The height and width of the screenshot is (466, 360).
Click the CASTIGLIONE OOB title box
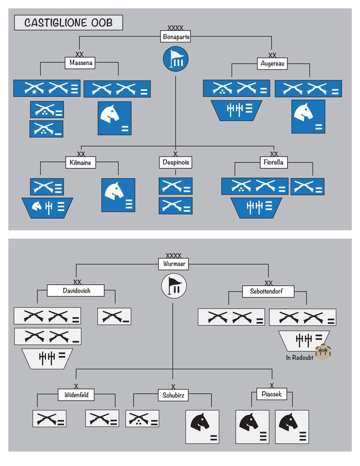(68, 23)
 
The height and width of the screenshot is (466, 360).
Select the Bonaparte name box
(176, 37)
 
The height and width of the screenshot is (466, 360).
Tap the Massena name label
(82, 63)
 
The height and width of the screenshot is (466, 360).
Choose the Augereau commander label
(273, 64)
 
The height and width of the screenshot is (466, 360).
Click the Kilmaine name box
(80, 162)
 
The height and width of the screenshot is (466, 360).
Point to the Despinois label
(176, 162)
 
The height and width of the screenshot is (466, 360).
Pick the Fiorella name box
(274, 162)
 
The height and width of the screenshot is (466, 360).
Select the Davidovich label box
(76, 290)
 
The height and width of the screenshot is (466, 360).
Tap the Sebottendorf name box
(266, 291)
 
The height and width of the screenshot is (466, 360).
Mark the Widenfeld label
(76, 395)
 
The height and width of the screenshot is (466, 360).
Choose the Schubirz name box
(173, 395)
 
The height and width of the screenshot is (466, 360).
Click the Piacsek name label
(272, 394)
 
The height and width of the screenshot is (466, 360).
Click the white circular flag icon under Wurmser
(174, 286)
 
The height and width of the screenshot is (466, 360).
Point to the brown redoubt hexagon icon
(323, 351)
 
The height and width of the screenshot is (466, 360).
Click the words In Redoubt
(299, 358)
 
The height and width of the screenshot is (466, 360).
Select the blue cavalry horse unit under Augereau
(308, 116)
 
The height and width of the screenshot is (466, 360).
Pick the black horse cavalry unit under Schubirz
(202, 427)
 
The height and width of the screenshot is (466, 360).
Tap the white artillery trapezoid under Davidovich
(47, 359)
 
